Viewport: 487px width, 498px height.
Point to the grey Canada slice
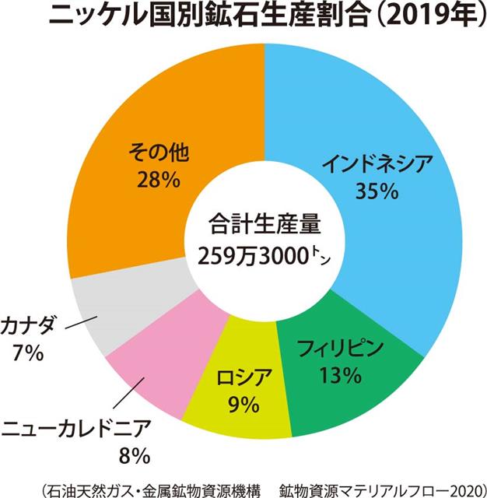click(101, 311)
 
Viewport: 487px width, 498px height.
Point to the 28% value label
click(161, 180)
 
